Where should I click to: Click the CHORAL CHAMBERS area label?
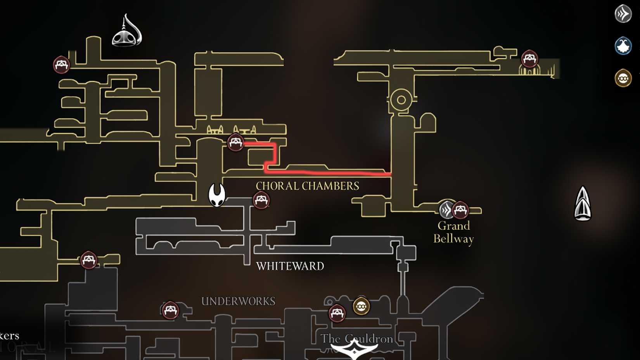(307, 186)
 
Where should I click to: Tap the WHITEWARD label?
(290, 266)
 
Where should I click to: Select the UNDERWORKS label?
(238, 301)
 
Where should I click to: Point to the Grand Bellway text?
(453, 232)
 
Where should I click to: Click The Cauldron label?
(357, 339)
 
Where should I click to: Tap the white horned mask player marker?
(217, 195)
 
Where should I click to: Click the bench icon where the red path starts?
(235, 142)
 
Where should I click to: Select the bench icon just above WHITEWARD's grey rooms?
(261, 200)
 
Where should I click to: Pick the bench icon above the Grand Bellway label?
(460, 210)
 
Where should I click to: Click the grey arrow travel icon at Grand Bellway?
(446, 210)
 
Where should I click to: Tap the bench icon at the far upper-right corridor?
(529, 59)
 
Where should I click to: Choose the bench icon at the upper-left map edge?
(61, 64)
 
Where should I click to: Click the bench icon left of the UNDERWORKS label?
(170, 310)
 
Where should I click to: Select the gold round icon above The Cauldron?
(361, 306)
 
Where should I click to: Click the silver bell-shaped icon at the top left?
(127, 31)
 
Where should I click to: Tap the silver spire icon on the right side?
(583, 204)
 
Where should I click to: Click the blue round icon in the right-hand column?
(623, 46)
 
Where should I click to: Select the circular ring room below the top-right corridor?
(401, 100)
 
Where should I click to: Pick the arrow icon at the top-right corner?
(623, 14)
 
